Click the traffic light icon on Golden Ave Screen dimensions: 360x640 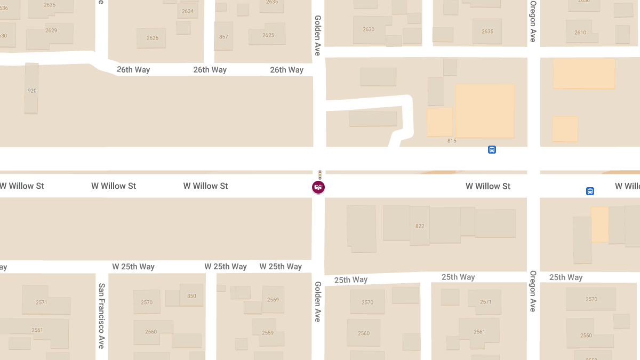[x=319, y=174]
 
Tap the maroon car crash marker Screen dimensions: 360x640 [x=318, y=187]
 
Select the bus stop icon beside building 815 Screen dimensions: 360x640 [x=492, y=149]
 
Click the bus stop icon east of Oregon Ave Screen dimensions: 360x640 [x=590, y=191]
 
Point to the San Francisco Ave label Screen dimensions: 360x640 [x=101, y=316]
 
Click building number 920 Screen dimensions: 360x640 [x=32, y=91]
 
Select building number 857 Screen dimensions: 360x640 [x=223, y=37]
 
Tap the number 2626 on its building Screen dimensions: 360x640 [x=153, y=38]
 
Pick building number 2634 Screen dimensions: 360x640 [x=188, y=11]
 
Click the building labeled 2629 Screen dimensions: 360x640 [x=51, y=30]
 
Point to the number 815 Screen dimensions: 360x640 [x=452, y=141]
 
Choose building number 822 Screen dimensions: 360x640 [x=420, y=226]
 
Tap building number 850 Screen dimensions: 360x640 [x=191, y=296]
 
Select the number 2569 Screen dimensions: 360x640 [x=273, y=300]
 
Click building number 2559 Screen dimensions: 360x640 [x=268, y=333]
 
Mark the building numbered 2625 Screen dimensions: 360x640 [x=268, y=35]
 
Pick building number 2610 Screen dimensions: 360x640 [x=580, y=33]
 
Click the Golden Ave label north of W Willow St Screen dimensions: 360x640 [x=318, y=35]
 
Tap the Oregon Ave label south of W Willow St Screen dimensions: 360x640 [x=533, y=291]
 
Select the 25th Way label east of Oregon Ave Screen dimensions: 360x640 [x=566, y=277]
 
